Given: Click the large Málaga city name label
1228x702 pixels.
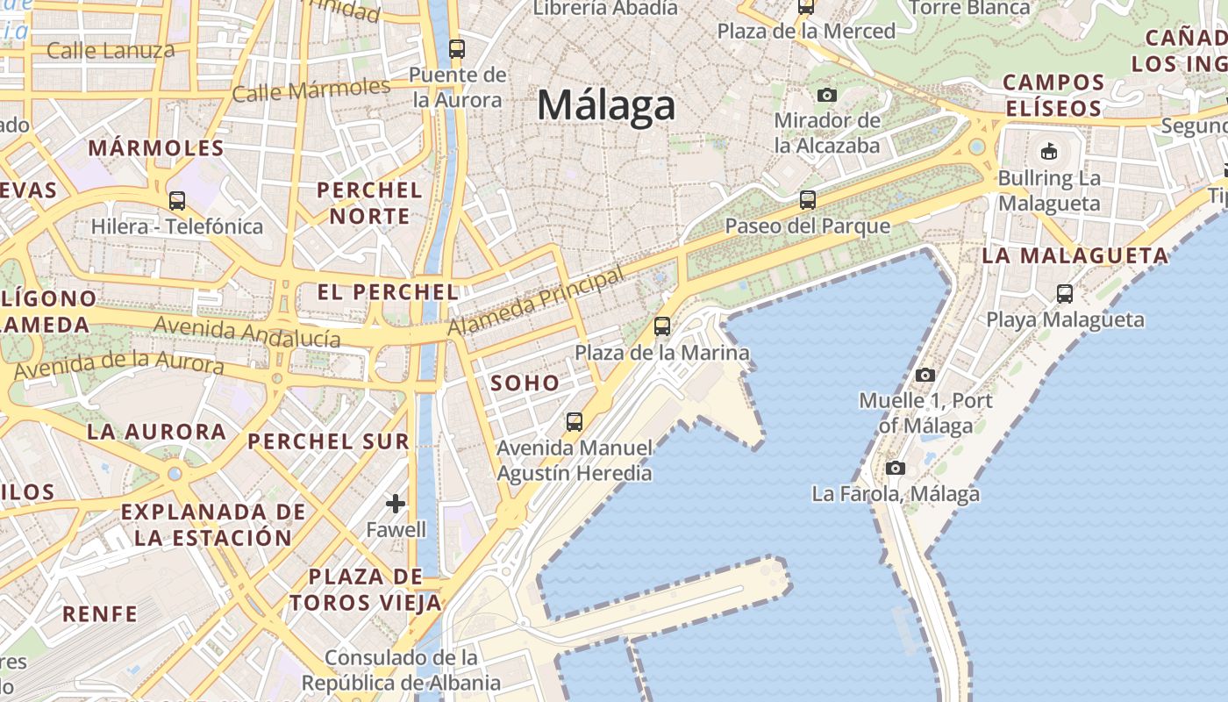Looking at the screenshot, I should coord(606,105).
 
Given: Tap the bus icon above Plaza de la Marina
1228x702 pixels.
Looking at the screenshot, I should coord(662,326).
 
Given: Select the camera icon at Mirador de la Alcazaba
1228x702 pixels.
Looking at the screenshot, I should coord(826,95).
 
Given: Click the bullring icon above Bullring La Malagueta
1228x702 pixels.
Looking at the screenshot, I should coord(1048,152).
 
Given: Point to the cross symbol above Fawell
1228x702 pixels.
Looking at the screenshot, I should coord(396,504).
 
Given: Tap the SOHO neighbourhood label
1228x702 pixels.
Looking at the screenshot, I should coord(525,383).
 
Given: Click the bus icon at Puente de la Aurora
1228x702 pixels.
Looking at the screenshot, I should coord(457,48).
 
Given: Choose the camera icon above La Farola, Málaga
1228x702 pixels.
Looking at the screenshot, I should coord(895,468).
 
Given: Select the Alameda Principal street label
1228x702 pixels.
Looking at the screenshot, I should coord(536,300).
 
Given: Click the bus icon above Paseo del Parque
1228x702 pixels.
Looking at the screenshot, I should coord(807,200).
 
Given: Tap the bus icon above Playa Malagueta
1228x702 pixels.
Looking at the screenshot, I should coord(1065,293).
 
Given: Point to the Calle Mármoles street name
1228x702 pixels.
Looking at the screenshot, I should coord(311,90).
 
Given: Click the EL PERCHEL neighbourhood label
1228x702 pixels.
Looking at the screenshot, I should coord(388,292).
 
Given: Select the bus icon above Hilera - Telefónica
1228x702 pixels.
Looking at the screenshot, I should coord(177,200).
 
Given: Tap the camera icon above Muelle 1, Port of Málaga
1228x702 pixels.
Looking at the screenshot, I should coord(925,375).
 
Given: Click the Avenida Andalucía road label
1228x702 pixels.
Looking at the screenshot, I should coord(247,333).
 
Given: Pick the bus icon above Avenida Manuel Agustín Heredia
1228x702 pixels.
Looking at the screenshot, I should coord(575,422).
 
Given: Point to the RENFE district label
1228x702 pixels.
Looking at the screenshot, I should coord(100,613).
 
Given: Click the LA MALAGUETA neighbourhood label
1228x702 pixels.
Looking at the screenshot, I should coord(1074,256).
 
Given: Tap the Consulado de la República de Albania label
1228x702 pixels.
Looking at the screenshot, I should coord(401,670).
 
